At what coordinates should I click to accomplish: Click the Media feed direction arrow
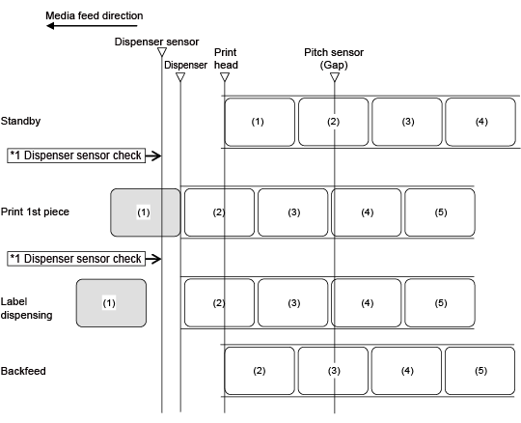pos(92,26)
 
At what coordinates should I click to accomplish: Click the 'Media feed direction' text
pos(95,15)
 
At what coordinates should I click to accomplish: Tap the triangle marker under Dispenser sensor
pos(162,52)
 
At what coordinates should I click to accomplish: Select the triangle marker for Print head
pos(225,77)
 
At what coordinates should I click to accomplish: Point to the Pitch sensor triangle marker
pos(335,77)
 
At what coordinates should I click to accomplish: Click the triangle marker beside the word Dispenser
pos(180,77)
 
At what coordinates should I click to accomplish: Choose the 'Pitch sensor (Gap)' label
pos(334,59)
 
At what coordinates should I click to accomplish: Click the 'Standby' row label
pos(20,121)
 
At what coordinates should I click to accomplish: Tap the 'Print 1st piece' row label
pos(35,211)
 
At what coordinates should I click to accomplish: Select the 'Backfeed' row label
pos(23,371)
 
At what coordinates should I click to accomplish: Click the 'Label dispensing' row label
pos(27,308)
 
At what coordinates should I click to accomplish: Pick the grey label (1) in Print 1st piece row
pos(146,212)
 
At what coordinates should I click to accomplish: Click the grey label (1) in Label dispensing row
pos(111,303)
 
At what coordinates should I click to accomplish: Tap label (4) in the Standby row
pos(480,122)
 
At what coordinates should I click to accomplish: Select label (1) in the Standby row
pos(260,122)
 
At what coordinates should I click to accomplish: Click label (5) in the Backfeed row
pos(480,371)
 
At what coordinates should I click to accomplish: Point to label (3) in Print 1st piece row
pos(293,212)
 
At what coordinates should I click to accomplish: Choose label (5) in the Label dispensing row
pos(440,303)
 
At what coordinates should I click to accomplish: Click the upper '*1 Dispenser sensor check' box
pos(76,155)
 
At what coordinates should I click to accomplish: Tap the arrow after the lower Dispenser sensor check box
pos(153,259)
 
